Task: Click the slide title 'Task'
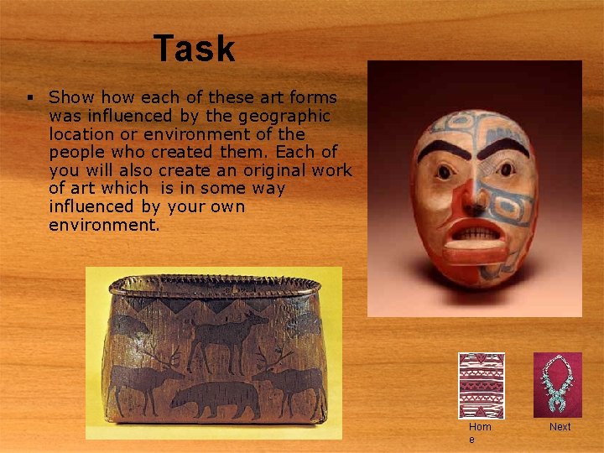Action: click(194, 49)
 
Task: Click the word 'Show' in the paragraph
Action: click(69, 97)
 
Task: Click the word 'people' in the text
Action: click(77, 152)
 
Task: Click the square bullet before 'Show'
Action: click(29, 98)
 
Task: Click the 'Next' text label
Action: click(560, 427)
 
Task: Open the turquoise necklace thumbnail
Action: click(557, 383)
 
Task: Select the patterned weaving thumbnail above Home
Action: click(482, 385)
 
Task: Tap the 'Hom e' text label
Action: click(481, 433)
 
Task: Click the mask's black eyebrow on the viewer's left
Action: click(441, 151)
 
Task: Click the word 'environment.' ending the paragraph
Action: click(104, 225)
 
